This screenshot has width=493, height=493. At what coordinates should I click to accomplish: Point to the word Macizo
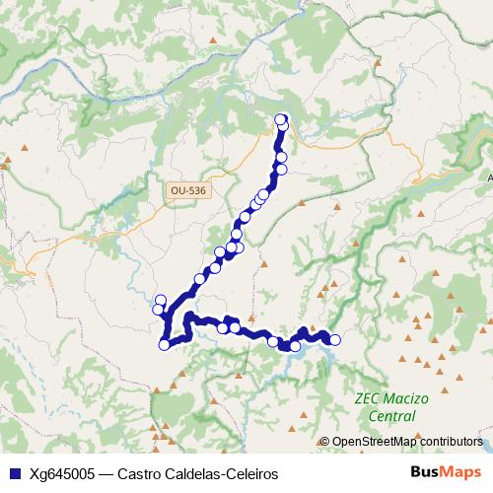coord(406,399)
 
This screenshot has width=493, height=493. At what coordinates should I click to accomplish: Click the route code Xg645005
coord(59,473)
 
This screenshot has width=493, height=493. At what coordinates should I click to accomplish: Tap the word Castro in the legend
coord(139,473)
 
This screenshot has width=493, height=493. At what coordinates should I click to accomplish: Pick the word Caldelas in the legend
coord(191,473)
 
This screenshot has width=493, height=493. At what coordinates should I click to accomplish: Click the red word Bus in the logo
coord(426,472)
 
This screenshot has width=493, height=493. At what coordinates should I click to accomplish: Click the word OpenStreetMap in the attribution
coord(375,443)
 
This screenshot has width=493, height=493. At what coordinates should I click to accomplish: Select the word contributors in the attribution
coord(452,443)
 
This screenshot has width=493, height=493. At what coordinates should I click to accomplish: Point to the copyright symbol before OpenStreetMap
coord(324,443)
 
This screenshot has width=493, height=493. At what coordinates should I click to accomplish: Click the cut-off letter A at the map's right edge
coord(489,177)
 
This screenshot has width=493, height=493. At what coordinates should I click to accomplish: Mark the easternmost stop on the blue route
coord(334,340)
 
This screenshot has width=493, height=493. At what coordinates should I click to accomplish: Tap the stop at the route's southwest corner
coord(164,344)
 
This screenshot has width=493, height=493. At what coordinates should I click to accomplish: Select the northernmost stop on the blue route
coord(280,119)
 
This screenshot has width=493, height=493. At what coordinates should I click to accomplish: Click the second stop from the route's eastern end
coord(324,336)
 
